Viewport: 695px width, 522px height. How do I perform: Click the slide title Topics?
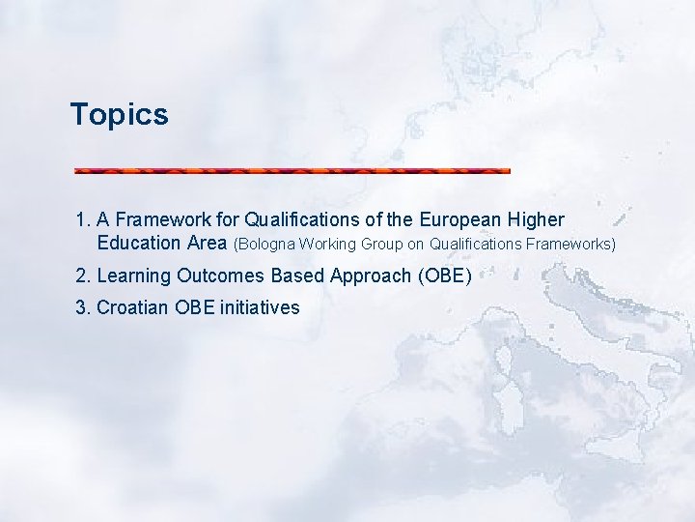[119, 115]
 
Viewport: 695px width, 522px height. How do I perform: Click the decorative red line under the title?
[292, 171]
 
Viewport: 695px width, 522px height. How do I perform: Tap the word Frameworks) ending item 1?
[570, 244]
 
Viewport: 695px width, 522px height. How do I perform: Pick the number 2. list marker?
[83, 276]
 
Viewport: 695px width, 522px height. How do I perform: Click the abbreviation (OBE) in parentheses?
[444, 276]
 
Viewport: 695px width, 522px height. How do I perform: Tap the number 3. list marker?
[83, 308]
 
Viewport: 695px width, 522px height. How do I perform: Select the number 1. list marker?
[83, 220]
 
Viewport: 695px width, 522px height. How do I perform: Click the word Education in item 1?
[139, 243]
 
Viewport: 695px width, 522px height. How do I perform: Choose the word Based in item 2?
[297, 276]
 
